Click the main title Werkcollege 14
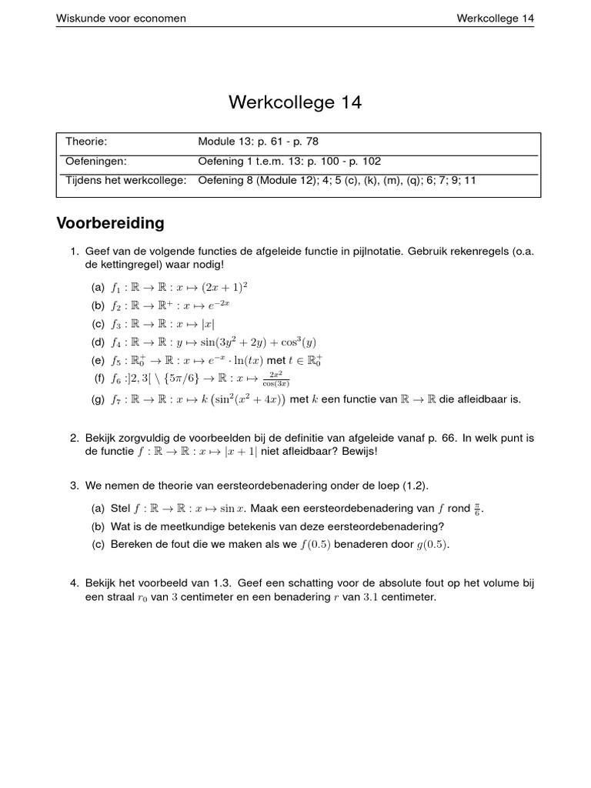tap(295, 102)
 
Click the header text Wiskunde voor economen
tap(121, 18)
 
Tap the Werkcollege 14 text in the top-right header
tap(495, 18)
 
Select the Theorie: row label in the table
tap(86, 142)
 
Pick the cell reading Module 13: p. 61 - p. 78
tap(258, 142)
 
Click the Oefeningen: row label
tap(95, 162)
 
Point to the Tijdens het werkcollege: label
tap(126, 181)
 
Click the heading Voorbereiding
tap(110, 224)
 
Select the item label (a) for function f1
tap(98, 288)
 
